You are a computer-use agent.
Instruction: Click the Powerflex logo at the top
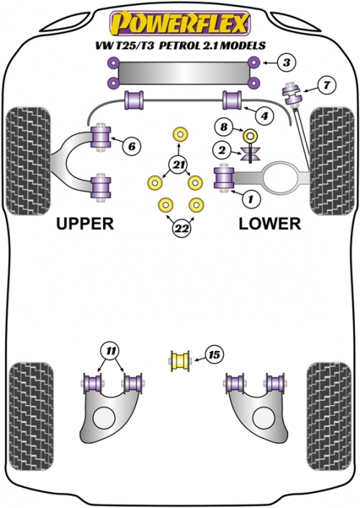tap(180, 23)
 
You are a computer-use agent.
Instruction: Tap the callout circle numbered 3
tap(287, 62)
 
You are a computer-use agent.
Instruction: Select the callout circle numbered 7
tap(327, 85)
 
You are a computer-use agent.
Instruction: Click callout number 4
tap(264, 115)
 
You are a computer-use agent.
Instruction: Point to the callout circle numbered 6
tap(131, 147)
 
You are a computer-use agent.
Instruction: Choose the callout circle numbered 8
tap(224, 127)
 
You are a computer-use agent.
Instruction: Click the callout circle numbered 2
tap(222, 150)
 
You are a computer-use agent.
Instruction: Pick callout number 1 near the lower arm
tap(251, 199)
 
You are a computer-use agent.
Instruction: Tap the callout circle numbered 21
tap(178, 165)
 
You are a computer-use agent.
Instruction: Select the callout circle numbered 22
tap(181, 229)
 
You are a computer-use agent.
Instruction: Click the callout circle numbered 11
tap(111, 351)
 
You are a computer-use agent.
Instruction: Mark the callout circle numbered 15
tap(215, 355)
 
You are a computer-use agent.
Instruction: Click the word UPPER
tap(85, 224)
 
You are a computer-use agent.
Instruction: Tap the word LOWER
tap(270, 224)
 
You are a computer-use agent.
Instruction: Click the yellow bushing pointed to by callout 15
tap(180, 361)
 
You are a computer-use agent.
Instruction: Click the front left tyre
tap(29, 160)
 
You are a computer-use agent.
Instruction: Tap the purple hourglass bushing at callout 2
tap(251, 153)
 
